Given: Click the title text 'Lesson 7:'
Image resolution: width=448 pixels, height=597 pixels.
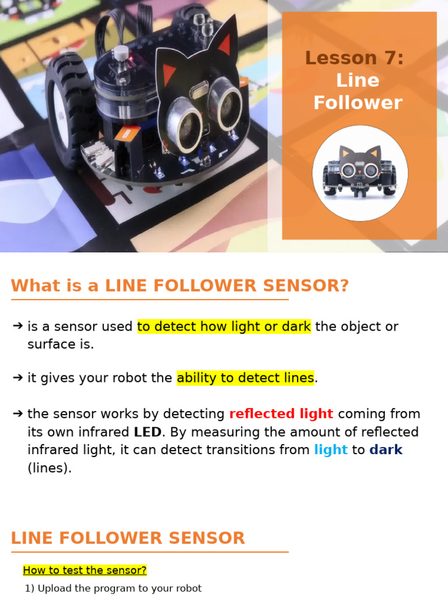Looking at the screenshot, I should [354, 58].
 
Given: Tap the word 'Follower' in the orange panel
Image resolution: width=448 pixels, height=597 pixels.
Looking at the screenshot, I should [358, 103].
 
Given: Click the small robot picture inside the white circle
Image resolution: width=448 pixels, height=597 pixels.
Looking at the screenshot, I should [360, 173].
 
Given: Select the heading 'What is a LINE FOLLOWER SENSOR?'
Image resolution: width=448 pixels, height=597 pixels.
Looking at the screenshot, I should [180, 286].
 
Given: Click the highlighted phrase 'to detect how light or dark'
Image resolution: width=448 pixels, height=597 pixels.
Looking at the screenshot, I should [224, 326].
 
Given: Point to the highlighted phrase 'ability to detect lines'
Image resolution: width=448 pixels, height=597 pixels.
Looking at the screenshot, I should [245, 378].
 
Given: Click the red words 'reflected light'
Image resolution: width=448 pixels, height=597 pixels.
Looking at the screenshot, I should [281, 414].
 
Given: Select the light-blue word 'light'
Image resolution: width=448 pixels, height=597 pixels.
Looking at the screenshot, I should [331, 450].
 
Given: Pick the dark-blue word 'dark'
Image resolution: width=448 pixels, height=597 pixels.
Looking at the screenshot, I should [386, 450].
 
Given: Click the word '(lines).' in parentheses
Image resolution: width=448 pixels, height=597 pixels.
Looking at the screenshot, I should [50, 468].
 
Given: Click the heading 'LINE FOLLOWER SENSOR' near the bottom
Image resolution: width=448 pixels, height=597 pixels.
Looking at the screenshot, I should [128, 538].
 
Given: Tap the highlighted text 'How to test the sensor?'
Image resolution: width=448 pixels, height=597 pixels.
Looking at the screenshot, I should [85, 570].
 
